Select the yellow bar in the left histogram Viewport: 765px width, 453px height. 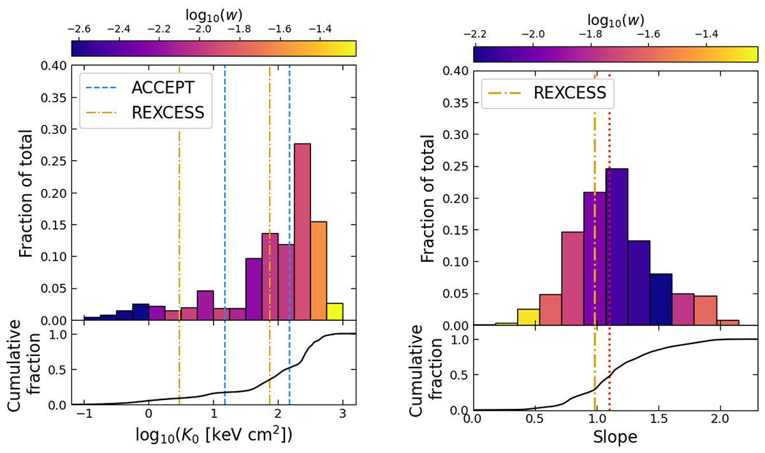[x=335, y=312]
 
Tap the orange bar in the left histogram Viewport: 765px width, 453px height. [x=318, y=271]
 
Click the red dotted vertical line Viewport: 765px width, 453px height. [x=609, y=191]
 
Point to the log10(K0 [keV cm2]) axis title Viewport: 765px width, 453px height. [x=214, y=436]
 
